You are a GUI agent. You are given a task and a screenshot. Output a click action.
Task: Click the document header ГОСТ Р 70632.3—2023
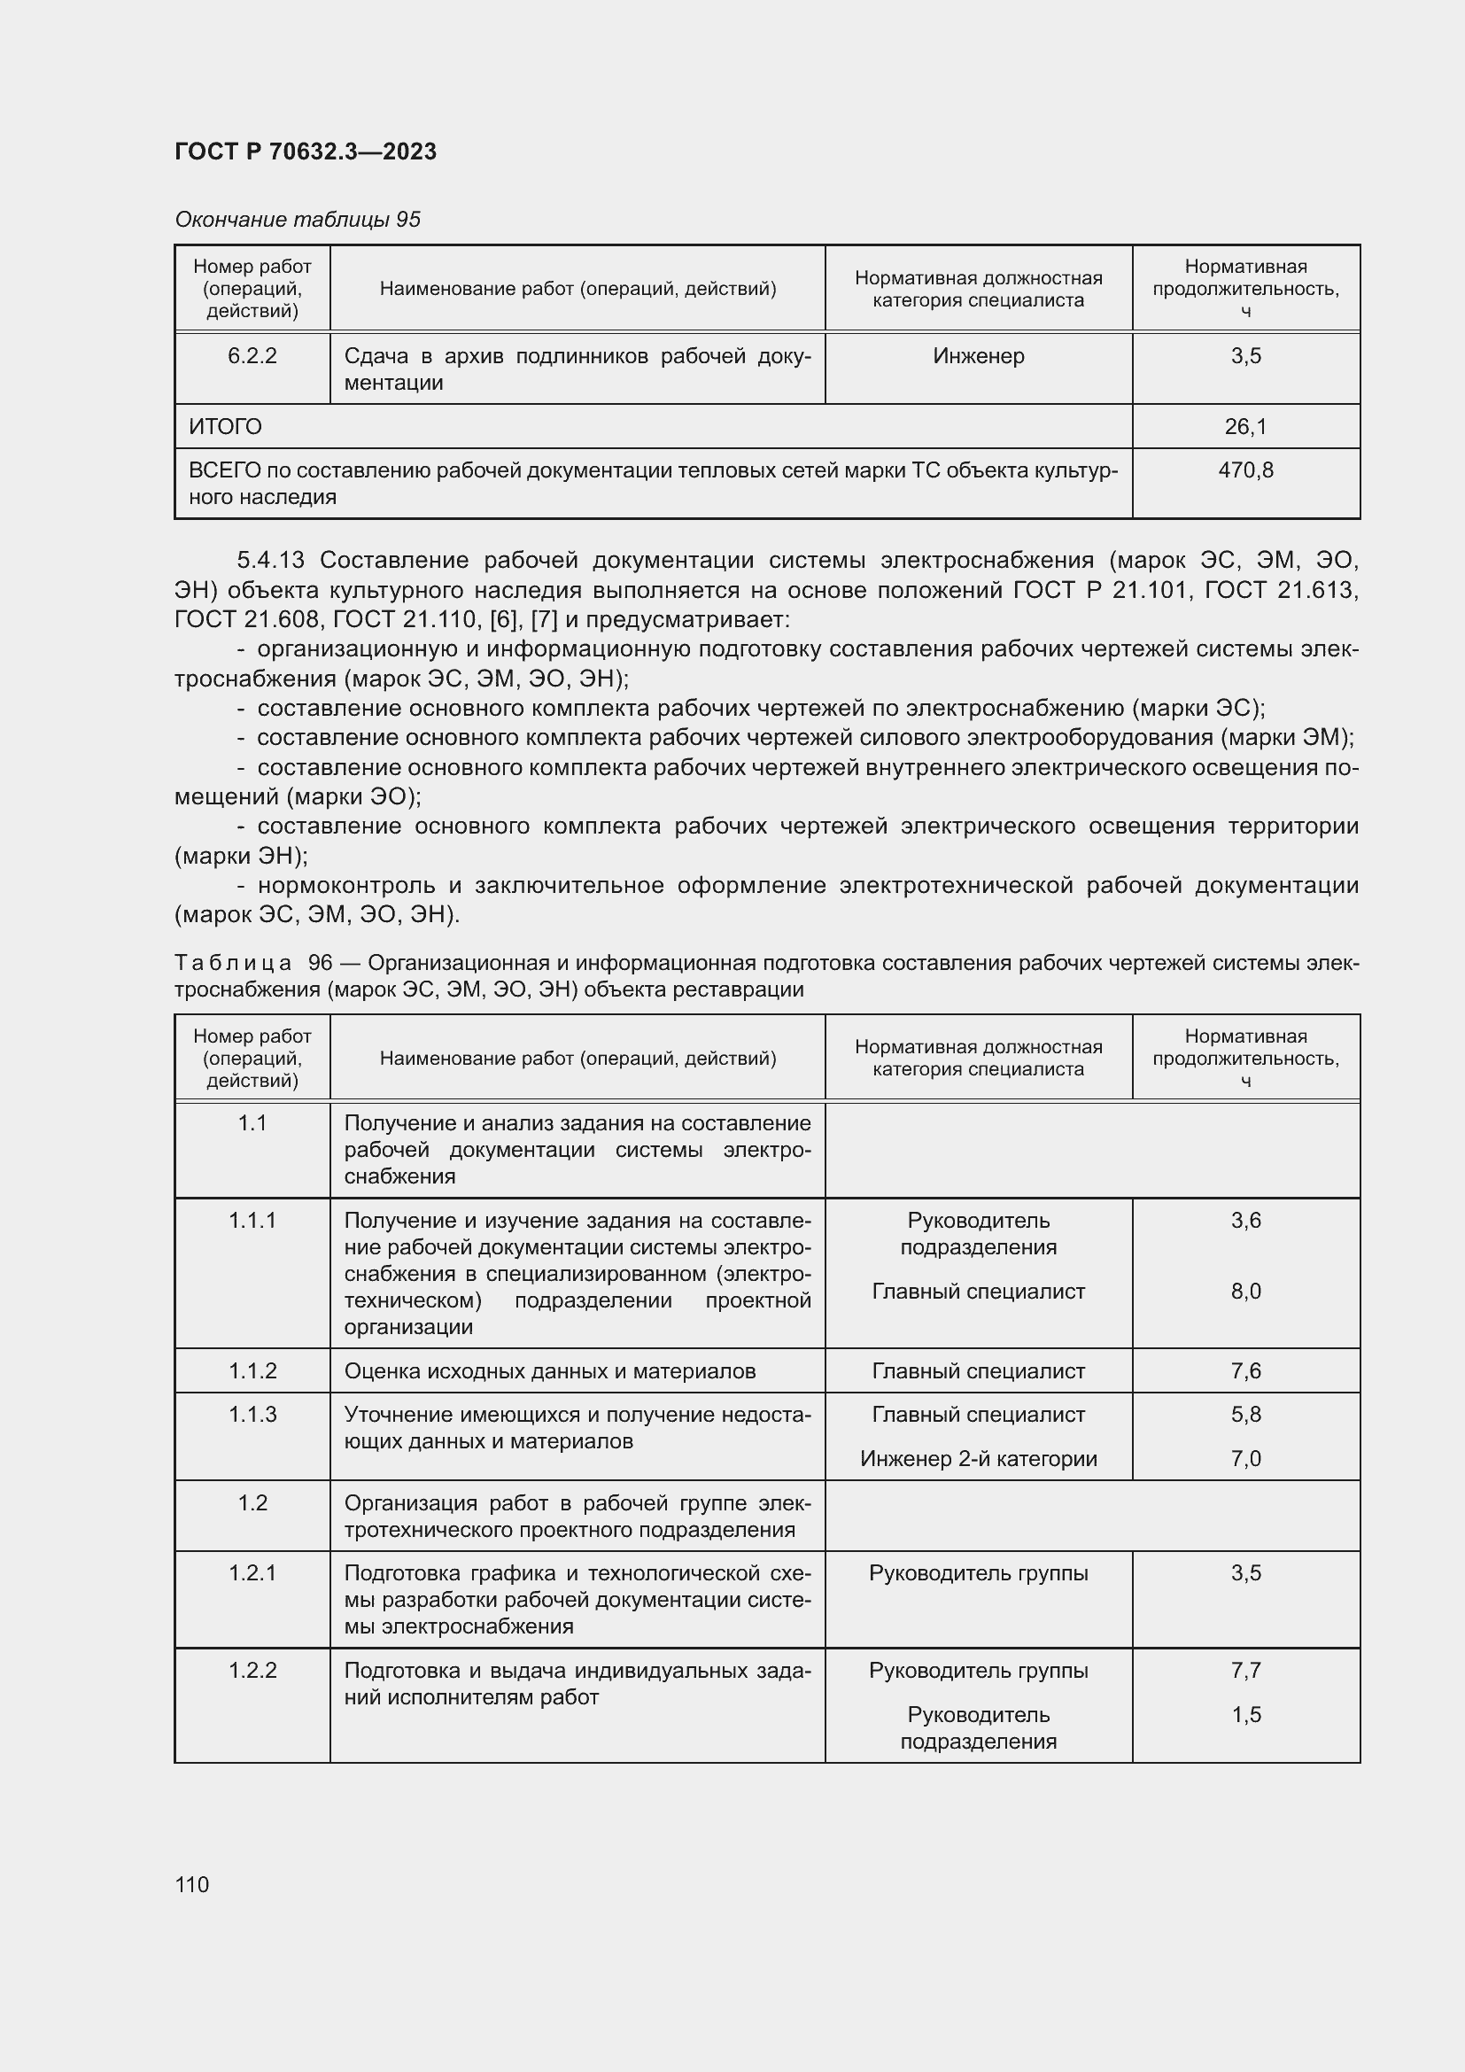[x=305, y=151]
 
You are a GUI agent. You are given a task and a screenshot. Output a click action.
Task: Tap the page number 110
[x=192, y=1884]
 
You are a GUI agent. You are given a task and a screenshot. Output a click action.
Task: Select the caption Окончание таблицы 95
[x=298, y=220]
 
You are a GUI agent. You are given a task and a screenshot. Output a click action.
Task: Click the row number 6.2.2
[x=252, y=355]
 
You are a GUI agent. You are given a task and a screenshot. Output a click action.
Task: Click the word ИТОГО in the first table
[x=226, y=426]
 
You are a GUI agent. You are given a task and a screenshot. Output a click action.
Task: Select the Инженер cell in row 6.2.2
[x=978, y=355]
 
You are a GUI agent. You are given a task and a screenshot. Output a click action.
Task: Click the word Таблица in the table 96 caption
[x=233, y=963]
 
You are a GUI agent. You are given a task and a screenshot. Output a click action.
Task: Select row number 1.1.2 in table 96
[x=252, y=1370]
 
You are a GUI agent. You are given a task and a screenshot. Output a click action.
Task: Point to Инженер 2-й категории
[x=978, y=1458]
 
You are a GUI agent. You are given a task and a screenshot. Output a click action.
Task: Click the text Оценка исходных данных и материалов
[x=549, y=1370]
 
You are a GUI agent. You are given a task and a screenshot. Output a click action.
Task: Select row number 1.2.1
[x=252, y=1573]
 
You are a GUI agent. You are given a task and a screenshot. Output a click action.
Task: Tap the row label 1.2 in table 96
[x=252, y=1502]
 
